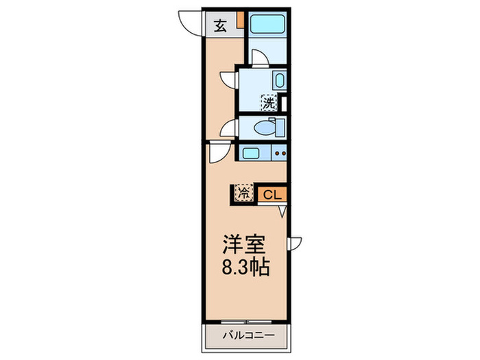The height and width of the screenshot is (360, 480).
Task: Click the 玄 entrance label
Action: (x=220, y=26)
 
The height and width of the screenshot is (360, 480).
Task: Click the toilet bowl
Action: (x=263, y=127)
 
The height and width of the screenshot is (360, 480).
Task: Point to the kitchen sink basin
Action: (x=250, y=154)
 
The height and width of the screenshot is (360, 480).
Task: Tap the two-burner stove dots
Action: (x=279, y=154)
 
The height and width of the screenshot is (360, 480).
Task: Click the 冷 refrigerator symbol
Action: (x=244, y=193)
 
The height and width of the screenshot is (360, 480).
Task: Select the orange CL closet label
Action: (x=272, y=194)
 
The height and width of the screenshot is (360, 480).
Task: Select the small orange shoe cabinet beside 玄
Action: (x=241, y=21)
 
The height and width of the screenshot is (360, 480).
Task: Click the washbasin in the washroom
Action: (x=279, y=80)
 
